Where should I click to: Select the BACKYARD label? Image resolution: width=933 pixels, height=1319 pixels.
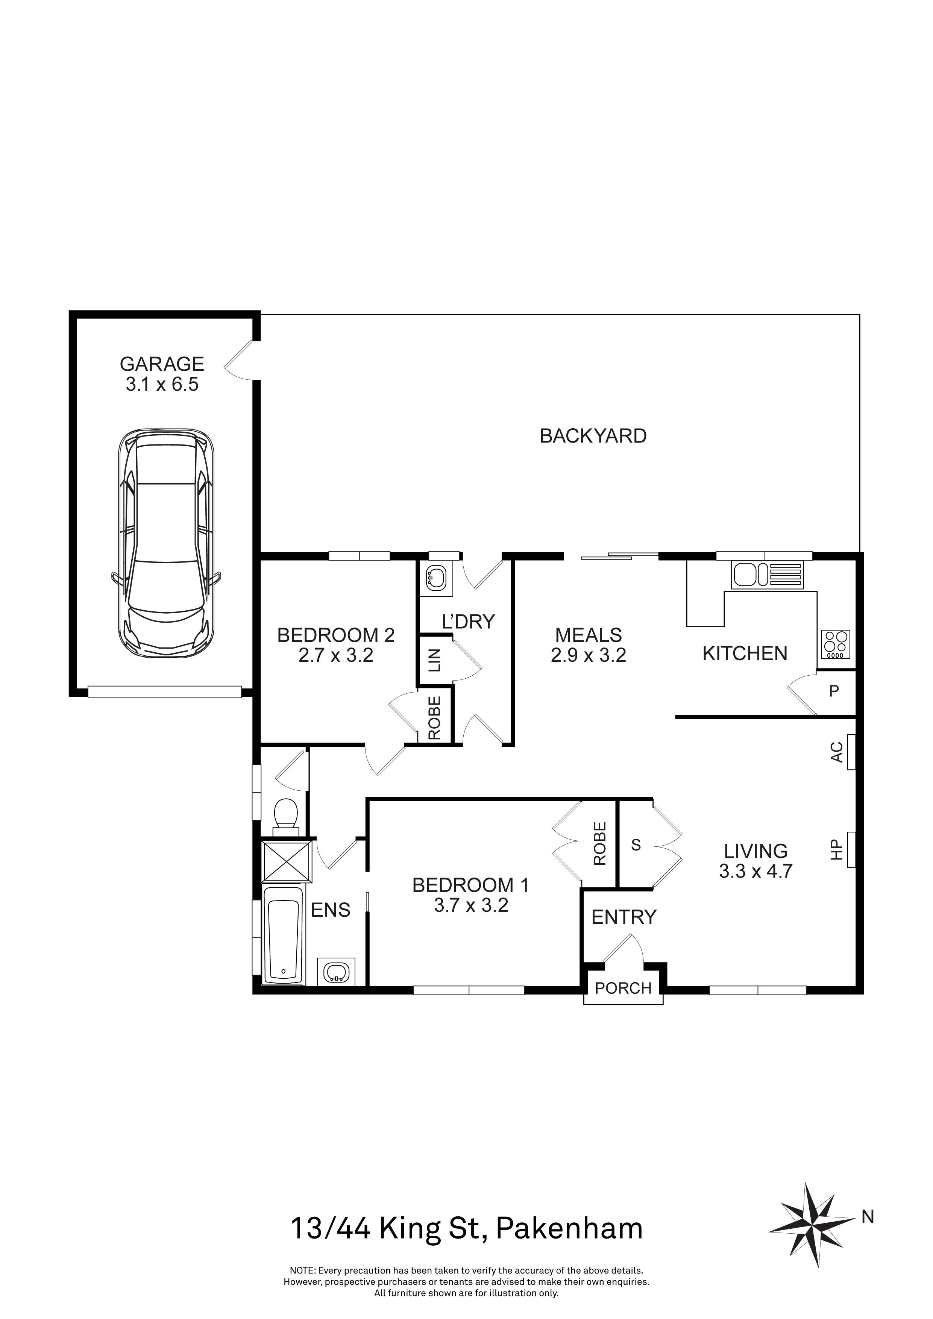(x=593, y=436)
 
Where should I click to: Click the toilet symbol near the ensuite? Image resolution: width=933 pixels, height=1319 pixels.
(x=285, y=816)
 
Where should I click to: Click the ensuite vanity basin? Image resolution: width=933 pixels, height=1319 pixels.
(x=336, y=973)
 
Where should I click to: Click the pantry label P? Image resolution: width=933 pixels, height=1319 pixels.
(x=834, y=691)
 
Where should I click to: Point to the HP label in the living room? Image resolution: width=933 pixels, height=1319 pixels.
(x=836, y=850)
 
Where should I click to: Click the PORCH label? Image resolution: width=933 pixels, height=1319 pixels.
(x=624, y=988)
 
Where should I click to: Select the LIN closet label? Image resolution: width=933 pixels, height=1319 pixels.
(x=434, y=660)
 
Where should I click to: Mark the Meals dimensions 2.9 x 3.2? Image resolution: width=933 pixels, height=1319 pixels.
(x=588, y=655)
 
